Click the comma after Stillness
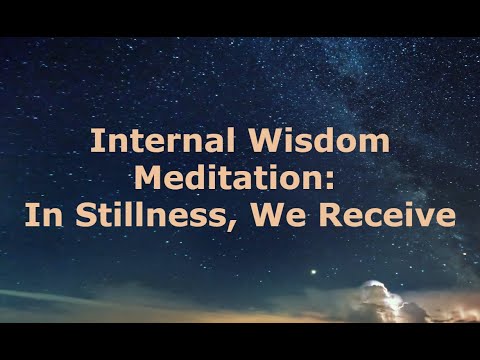point(233,222)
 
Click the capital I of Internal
point(94,140)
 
